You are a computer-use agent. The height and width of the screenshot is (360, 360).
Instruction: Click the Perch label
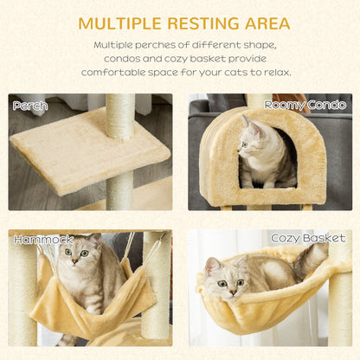pos(29,106)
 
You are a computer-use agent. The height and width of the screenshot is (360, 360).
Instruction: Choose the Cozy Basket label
pos(307,238)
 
